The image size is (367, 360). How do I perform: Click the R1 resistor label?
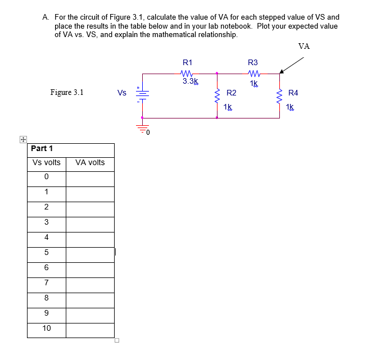[188, 62]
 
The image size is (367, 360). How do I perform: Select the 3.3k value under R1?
[191, 81]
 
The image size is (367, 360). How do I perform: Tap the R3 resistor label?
[252, 62]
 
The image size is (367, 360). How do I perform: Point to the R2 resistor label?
[231, 93]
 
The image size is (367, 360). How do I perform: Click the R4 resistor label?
[293, 93]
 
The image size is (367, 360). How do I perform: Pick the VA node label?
[304, 46]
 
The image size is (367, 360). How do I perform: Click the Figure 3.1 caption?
[67, 92]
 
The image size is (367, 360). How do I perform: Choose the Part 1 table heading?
[42, 149]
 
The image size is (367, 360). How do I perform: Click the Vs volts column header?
[47, 163]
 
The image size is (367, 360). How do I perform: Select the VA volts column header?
[90, 163]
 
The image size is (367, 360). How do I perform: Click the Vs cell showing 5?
[47, 253]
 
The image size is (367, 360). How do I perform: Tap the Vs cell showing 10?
[47, 329]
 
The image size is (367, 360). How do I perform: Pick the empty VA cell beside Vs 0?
[90, 178]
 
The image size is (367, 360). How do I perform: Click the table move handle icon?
[23, 139]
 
